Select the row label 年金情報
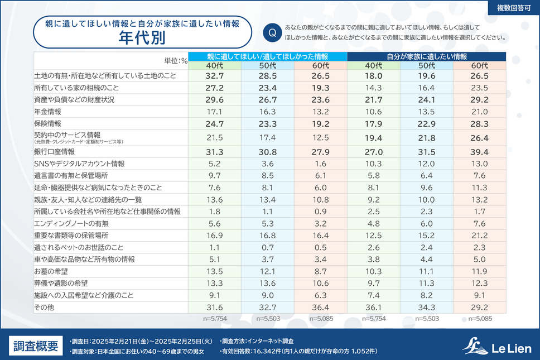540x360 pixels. pos(49,112)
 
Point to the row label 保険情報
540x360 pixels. pos(49,123)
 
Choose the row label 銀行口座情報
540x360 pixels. pos(55,151)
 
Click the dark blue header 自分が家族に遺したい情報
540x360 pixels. pos(427,56)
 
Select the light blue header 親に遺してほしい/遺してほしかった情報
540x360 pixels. pos(267,56)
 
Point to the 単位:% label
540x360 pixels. pos(175,60)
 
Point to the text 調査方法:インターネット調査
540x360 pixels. pos(257,340)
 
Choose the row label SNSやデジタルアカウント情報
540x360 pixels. pos(79,164)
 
